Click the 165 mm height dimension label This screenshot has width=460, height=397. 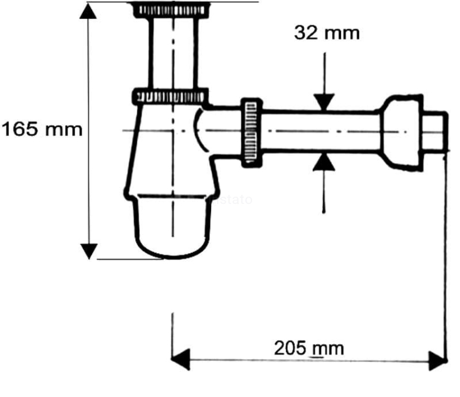(x=42, y=130)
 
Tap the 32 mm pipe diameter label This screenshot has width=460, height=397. (x=327, y=32)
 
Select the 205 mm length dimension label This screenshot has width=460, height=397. (x=309, y=349)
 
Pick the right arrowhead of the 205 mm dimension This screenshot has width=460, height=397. (x=436, y=360)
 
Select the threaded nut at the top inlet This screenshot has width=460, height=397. (x=171, y=10)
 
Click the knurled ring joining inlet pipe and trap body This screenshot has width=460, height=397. (x=171, y=96)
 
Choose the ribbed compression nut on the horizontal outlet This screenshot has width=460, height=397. (x=252, y=131)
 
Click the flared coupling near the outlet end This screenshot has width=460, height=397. (x=402, y=131)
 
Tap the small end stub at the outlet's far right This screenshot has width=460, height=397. (x=435, y=131)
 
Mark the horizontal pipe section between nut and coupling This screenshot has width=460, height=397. (x=322, y=131)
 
